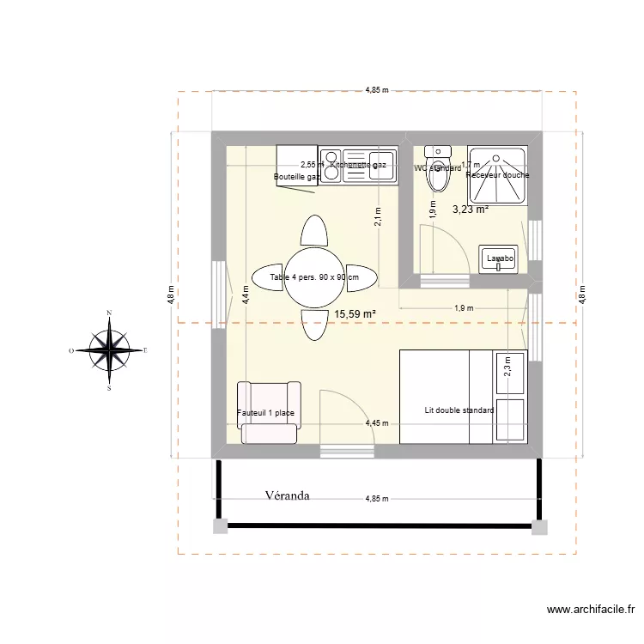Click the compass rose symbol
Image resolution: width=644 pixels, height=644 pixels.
click(110, 350)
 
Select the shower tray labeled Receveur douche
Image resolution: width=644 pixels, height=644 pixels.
click(497, 175)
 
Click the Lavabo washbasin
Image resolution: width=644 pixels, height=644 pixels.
click(499, 258)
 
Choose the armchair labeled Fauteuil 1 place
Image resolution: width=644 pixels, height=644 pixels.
click(267, 413)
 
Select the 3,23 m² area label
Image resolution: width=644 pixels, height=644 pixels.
click(470, 209)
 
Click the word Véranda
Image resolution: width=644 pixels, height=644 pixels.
click(287, 495)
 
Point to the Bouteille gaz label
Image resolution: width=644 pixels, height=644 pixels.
click(296, 177)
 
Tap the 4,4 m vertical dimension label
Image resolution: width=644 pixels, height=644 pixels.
click(246, 298)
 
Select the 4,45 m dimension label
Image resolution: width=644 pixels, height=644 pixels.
click(376, 422)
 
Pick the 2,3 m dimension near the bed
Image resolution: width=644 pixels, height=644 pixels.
click(507, 367)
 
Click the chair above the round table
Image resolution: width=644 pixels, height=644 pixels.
click(314, 230)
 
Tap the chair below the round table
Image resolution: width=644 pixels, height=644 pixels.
click(314, 325)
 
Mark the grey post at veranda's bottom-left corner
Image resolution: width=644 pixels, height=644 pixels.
click(220, 526)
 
